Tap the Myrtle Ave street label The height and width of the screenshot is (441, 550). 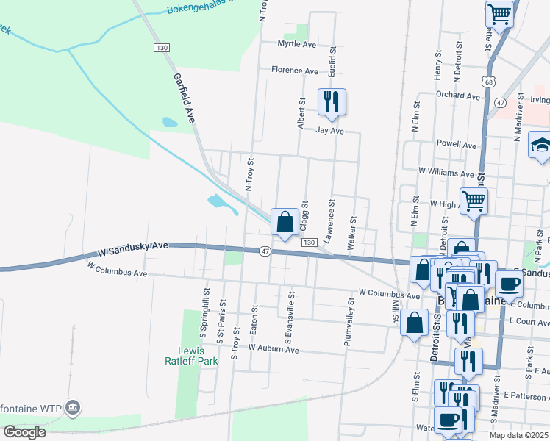pos(296,45)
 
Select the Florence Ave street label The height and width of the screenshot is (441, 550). pos(294,71)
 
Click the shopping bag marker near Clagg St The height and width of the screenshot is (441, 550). pos(285,222)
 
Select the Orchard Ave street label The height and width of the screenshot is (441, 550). pos(457,96)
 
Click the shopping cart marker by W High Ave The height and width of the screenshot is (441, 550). pos(474,200)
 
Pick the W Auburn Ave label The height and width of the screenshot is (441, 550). pos(274,348)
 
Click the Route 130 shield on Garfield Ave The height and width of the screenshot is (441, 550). pos(162,47)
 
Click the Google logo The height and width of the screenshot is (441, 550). pos(24,432)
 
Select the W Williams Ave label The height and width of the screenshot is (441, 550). pos(446,173)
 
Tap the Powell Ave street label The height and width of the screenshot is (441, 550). pos(456,145)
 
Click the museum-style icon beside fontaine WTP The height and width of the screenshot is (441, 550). pos(72,407)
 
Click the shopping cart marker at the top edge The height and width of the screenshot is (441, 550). pos(499,14)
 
